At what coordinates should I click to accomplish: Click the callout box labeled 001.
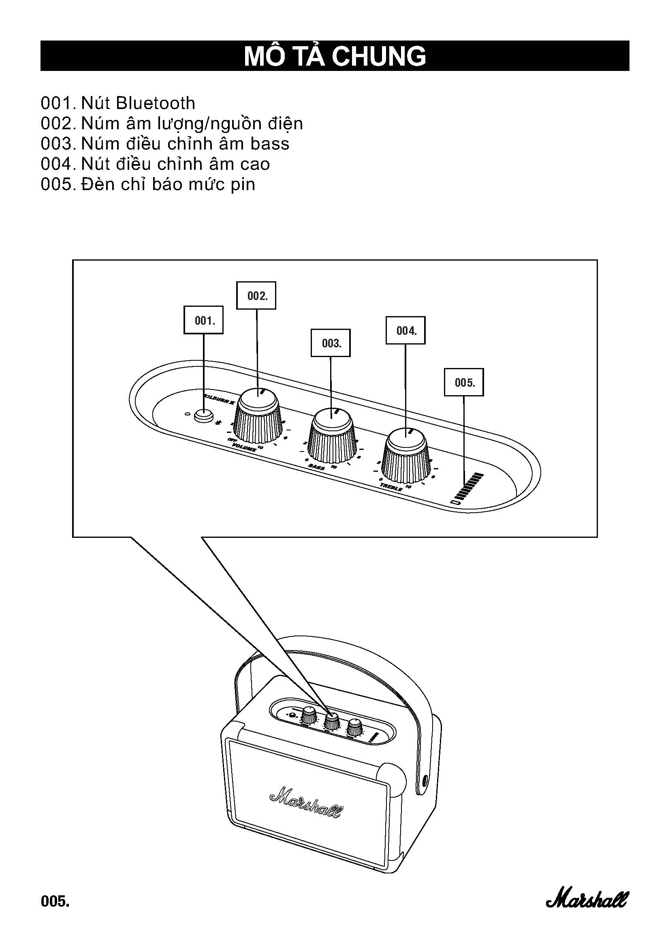[x=203, y=320]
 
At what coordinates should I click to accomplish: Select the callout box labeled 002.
[x=256, y=295]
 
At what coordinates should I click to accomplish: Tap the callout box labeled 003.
[x=331, y=343]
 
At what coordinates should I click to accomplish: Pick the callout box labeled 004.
[x=405, y=330]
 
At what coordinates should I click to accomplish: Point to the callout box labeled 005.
[x=464, y=382]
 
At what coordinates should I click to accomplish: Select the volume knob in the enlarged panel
[x=258, y=417]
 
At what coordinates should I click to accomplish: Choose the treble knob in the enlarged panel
[x=406, y=456]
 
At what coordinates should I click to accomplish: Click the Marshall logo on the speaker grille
[x=306, y=802]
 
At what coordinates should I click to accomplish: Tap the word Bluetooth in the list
[x=156, y=103]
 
